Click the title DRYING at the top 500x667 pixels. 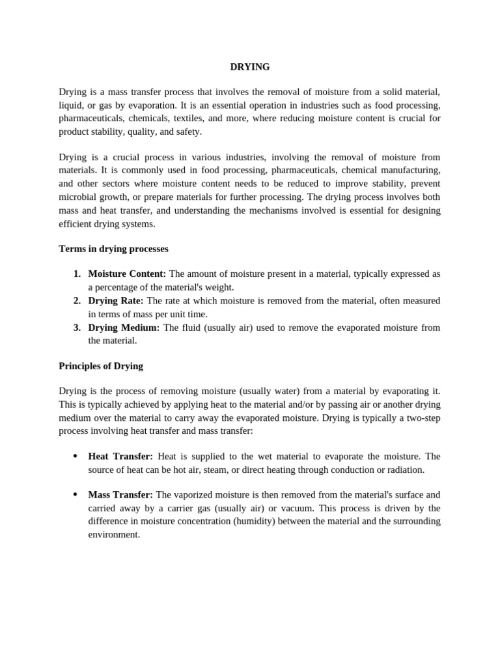click(x=249, y=66)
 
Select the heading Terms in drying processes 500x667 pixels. click(x=113, y=249)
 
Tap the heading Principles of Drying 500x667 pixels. click(x=101, y=366)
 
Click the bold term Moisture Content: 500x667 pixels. click(x=127, y=274)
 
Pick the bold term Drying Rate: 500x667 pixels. click(x=116, y=300)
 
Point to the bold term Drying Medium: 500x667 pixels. click(x=124, y=327)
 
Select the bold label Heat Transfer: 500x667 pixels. click(x=120, y=457)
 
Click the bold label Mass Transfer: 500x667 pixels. click(x=120, y=495)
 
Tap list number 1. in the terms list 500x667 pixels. click(x=77, y=274)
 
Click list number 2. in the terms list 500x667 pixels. click(x=77, y=300)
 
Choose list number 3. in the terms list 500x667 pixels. click(x=77, y=327)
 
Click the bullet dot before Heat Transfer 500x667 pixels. click(x=76, y=457)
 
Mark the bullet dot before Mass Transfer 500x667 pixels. click(x=76, y=495)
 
